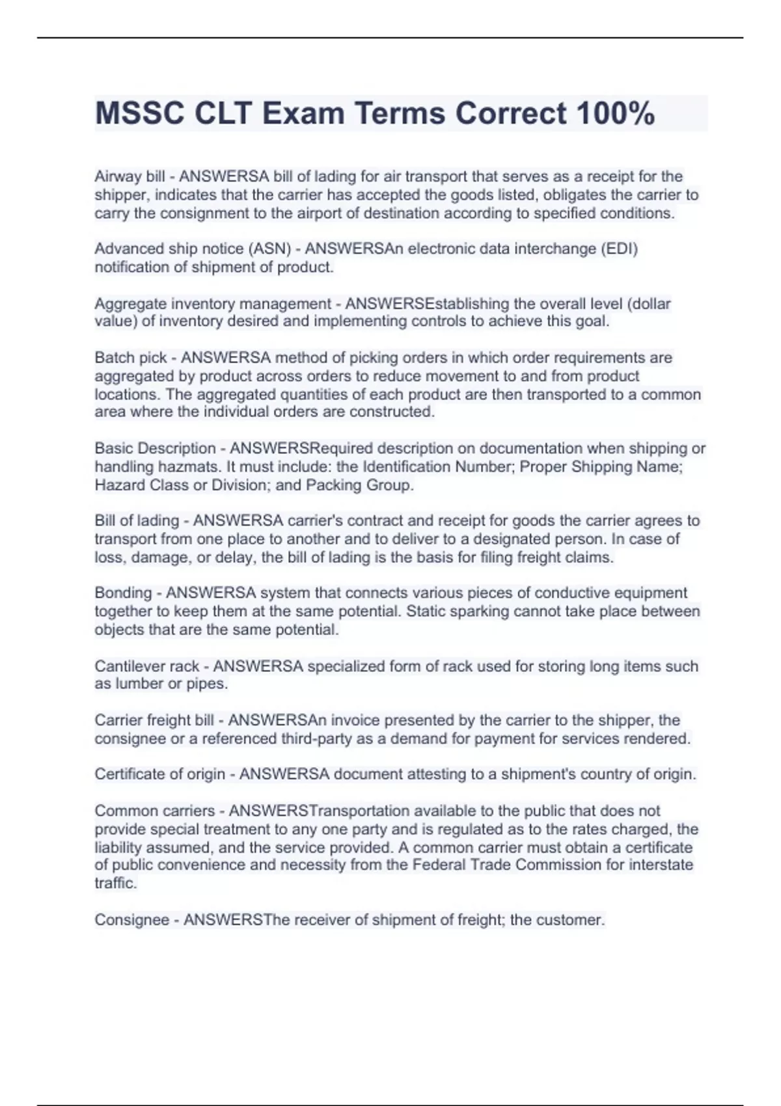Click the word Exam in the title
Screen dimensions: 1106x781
pos(303,113)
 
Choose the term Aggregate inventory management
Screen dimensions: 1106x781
pos(213,304)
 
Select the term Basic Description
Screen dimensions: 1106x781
pos(155,448)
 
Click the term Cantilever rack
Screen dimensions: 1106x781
pos(146,666)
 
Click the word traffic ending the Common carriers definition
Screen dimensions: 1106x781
pos(115,883)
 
